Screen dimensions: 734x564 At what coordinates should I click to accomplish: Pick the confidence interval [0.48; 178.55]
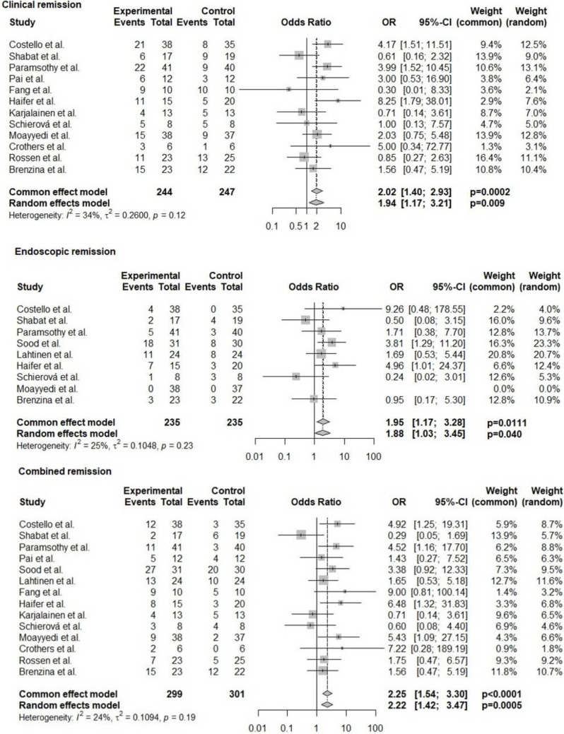pos(439,308)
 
